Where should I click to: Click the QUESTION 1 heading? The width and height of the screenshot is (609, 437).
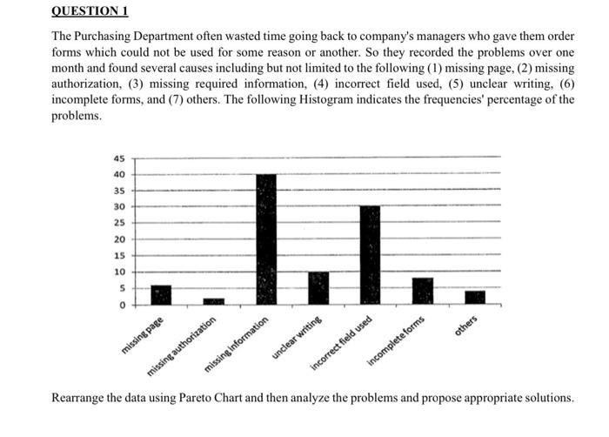(90, 11)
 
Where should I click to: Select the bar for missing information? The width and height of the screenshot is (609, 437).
(265, 239)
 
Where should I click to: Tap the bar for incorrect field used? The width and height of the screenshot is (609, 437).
(370, 256)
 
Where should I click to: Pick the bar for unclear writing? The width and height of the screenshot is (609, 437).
(318, 288)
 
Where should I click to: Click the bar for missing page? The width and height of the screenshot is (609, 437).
(161, 295)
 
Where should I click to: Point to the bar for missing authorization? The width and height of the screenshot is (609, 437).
(213, 301)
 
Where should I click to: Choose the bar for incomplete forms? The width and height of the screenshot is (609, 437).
(423, 291)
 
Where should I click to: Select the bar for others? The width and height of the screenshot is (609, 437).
(475, 298)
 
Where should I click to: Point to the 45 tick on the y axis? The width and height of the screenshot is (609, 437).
(119, 158)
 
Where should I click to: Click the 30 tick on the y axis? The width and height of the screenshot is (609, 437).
(119, 207)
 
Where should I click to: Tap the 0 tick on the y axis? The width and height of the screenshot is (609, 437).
(122, 305)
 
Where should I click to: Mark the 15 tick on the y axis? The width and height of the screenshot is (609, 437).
(119, 256)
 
